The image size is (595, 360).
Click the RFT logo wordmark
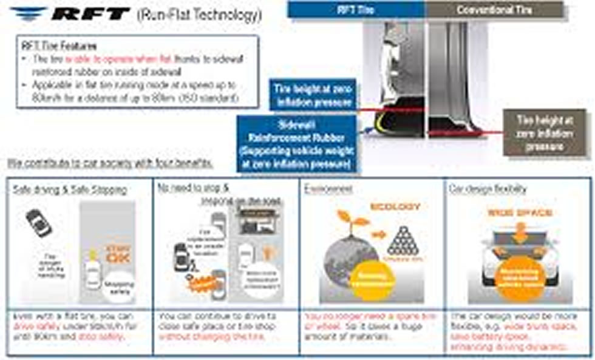[x=89, y=13]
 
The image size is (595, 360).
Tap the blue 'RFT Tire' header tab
[x=356, y=9]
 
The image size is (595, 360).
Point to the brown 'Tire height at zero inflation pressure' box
[x=543, y=132]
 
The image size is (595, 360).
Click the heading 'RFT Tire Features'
[x=59, y=46]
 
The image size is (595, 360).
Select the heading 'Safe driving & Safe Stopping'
[x=70, y=189]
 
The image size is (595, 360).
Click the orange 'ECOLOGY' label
[x=395, y=206]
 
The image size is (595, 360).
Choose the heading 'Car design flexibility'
[x=488, y=189]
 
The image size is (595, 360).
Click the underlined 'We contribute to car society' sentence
[x=109, y=163]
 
